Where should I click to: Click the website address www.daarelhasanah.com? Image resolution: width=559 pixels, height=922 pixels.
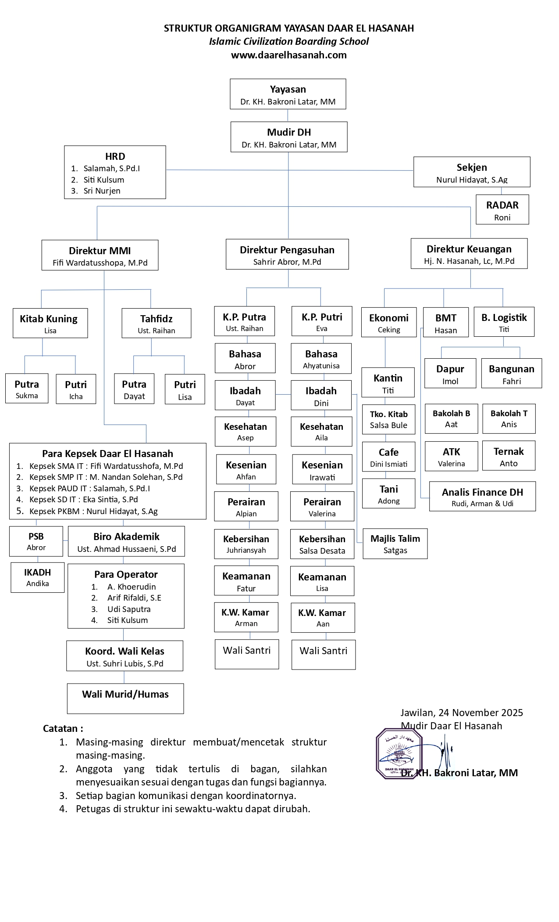point(288,55)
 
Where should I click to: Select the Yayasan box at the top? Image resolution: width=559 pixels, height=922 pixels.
point(288,94)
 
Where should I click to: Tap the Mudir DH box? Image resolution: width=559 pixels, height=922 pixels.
point(289,137)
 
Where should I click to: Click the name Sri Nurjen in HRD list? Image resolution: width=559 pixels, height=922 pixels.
point(102,191)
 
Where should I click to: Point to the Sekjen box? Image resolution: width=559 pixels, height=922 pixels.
point(472,172)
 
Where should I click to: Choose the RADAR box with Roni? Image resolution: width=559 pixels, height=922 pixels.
point(502,210)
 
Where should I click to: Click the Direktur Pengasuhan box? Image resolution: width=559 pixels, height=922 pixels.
point(287,255)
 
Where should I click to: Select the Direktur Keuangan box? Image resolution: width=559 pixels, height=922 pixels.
point(469,254)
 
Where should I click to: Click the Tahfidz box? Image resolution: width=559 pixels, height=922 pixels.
point(156,323)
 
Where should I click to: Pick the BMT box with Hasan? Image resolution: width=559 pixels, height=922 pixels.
point(445,323)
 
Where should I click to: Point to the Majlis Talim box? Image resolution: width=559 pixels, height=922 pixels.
point(395,544)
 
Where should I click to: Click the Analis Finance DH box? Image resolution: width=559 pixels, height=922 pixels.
point(482,497)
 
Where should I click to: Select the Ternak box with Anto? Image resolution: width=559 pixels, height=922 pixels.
point(509,456)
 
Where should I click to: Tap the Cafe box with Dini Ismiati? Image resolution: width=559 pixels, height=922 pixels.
point(388,457)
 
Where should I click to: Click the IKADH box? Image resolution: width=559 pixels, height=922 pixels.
point(38,577)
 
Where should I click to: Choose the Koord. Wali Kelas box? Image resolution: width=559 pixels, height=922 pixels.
point(125,656)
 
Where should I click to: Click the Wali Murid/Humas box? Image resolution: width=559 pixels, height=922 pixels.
point(125,698)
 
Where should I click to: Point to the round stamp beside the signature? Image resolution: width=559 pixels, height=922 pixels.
point(399,753)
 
